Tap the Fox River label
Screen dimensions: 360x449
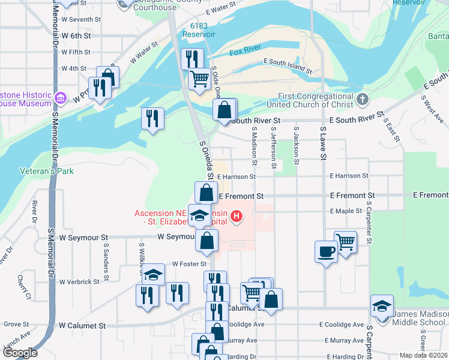point(245,52)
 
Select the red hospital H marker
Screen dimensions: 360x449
point(237,216)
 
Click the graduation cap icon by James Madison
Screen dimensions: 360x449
point(382,305)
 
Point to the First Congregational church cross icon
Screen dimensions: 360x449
point(361,98)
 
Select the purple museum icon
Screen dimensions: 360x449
point(60,98)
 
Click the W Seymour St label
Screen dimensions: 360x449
point(83,238)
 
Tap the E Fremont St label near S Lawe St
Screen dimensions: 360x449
point(353,196)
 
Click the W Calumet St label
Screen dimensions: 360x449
point(82,325)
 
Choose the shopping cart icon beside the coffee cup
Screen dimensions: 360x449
point(345,242)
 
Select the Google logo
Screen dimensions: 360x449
point(20,353)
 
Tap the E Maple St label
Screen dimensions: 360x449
point(346,211)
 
